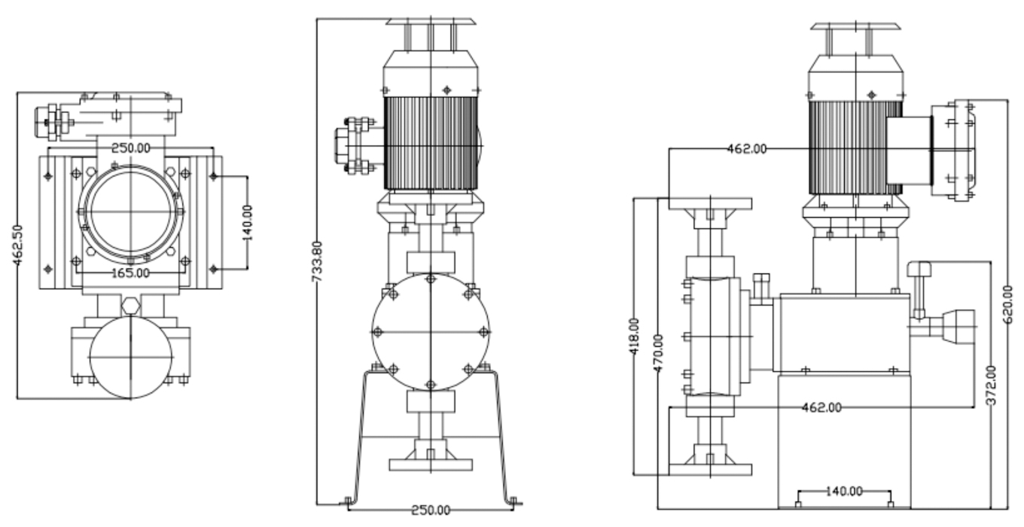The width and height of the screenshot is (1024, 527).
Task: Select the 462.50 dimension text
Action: [18, 244]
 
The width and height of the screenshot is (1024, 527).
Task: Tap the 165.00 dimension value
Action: [131, 272]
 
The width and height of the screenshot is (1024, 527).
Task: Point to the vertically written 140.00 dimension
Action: [248, 222]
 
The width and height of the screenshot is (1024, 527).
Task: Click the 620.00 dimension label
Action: [1009, 303]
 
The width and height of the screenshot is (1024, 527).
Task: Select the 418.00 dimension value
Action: [634, 336]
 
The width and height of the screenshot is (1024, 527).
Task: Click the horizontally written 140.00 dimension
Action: [844, 492]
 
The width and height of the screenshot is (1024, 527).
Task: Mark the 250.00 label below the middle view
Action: [431, 510]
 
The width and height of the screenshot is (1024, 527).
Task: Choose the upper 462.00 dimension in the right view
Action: [746, 149]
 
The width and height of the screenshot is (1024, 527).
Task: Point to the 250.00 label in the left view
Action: [130, 148]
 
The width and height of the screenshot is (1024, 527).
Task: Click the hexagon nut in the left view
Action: [130, 305]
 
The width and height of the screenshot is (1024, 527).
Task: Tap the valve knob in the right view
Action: [919, 269]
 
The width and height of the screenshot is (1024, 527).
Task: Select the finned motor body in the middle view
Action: [430, 143]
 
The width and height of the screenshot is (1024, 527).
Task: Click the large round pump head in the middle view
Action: [430, 332]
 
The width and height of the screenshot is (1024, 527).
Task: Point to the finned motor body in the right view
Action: [847, 147]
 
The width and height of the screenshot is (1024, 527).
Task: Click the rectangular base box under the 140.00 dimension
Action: [844, 440]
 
